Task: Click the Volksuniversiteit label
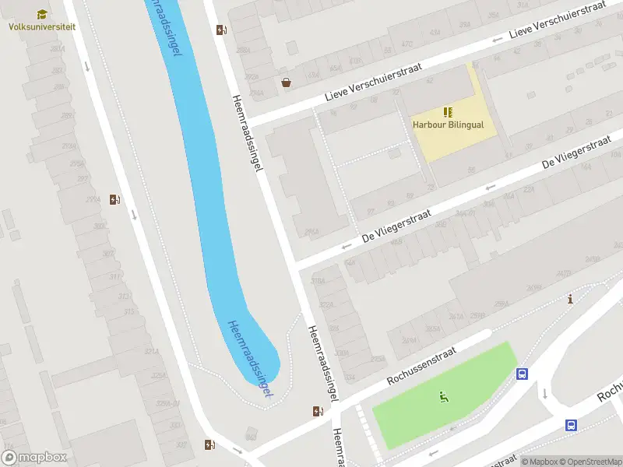pyautogui.click(x=42, y=26)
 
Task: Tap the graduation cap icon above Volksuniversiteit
pyautogui.click(x=42, y=14)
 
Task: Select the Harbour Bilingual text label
pyautogui.click(x=448, y=125)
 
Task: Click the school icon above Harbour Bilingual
pyautogui.click(x=448, y=112)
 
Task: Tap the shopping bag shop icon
pyautogui.click(x=286, y=82)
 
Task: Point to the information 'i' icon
pyautogui.click(x=571, y=299)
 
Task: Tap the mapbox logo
pyautogui.click(x=34, y=458)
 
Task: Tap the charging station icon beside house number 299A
pyautogui.click(x=114, y=200)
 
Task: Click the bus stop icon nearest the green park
pyautogui.click(x=522, y=374)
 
